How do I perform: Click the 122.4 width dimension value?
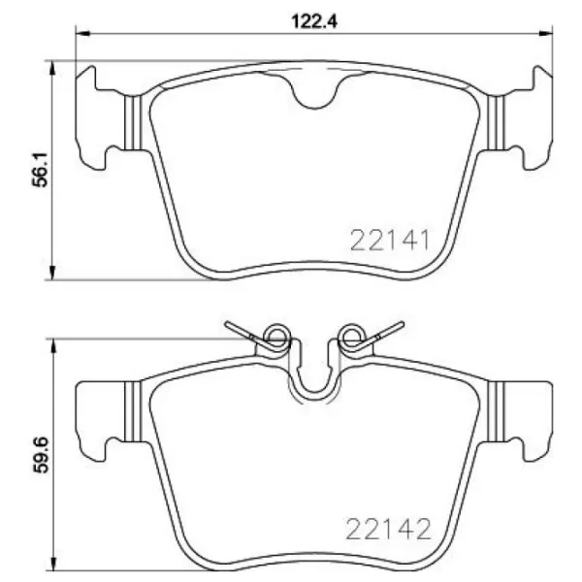point(314,21)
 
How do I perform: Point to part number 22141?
point(390,241)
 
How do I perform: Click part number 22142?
point(388,529)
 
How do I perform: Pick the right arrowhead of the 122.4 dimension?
point(545,33)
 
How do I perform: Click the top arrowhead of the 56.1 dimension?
point(52,68)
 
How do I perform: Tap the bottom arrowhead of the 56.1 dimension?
point(52,272)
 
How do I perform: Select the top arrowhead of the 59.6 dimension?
point(52,346)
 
